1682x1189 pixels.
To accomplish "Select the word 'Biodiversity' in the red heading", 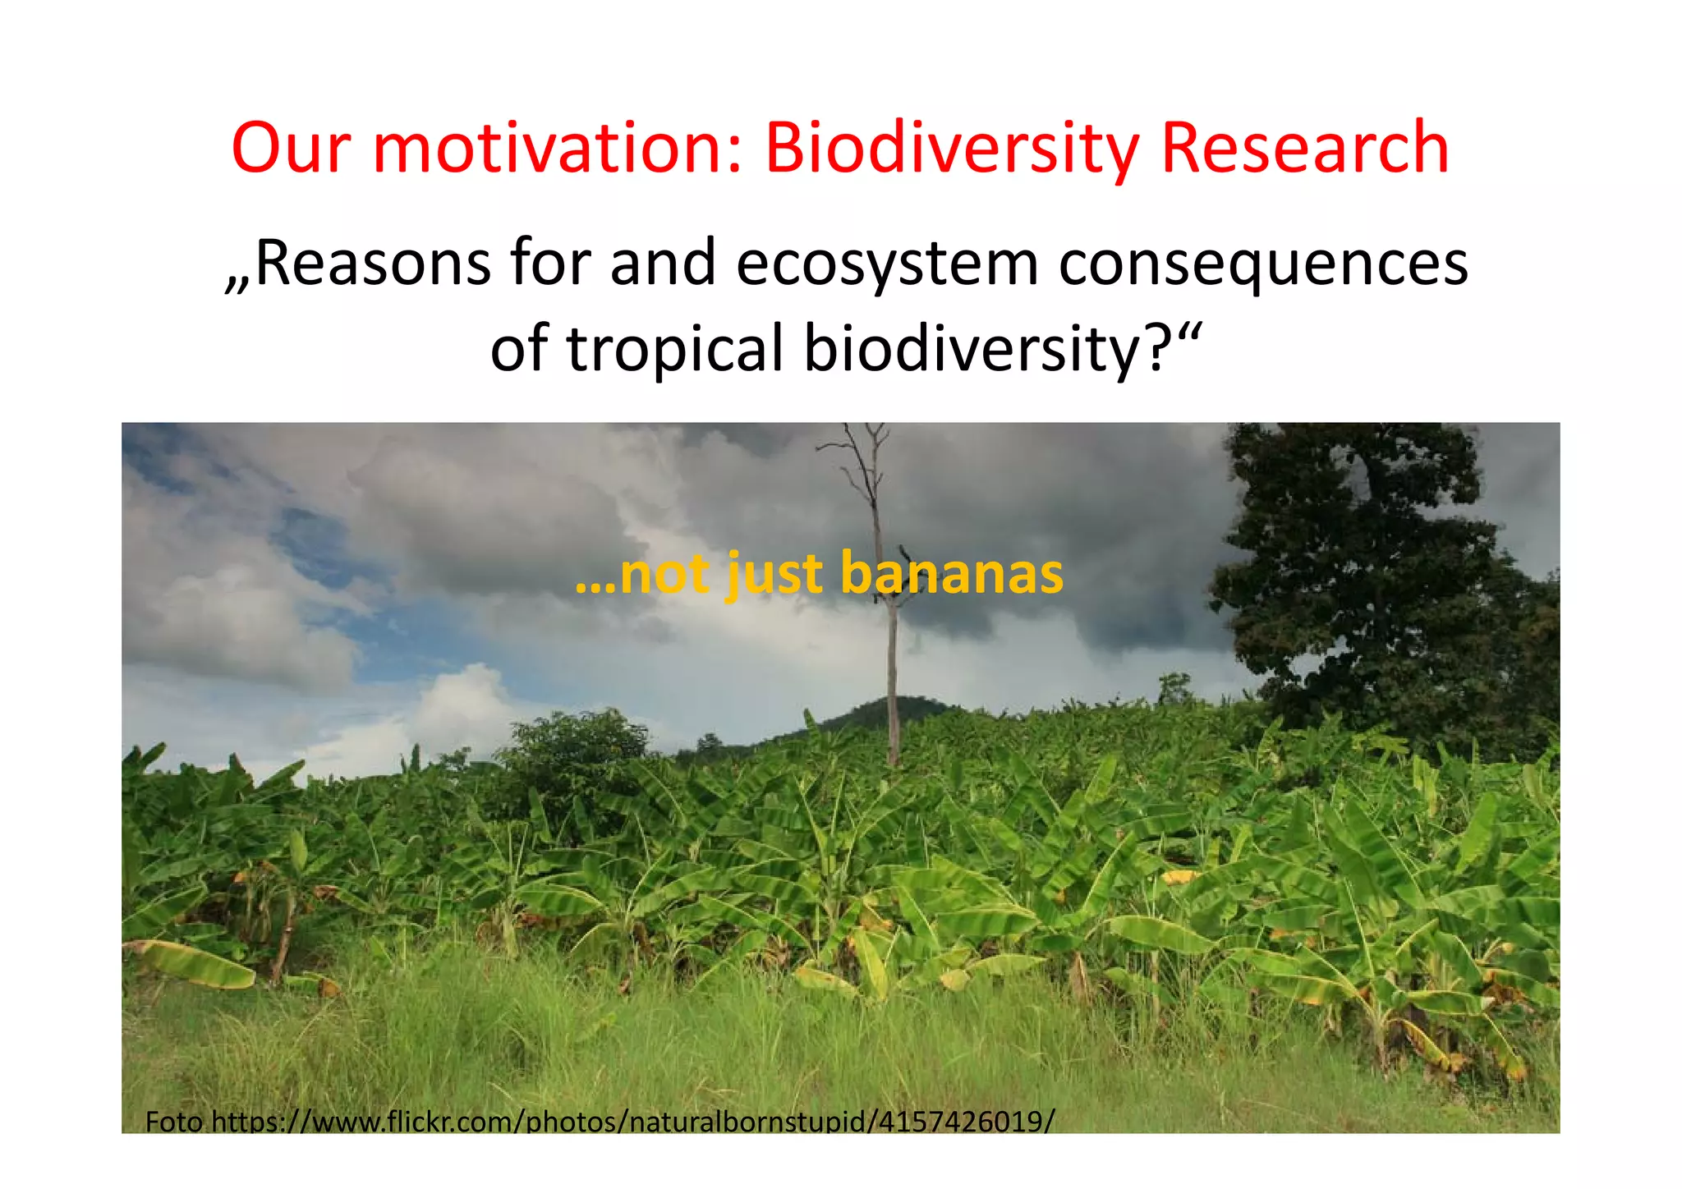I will point(951,150).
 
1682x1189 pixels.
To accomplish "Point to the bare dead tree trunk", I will point(892,682).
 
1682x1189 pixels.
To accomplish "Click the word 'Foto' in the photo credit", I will point(173,1121).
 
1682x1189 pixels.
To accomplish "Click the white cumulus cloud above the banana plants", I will point(460,706).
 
